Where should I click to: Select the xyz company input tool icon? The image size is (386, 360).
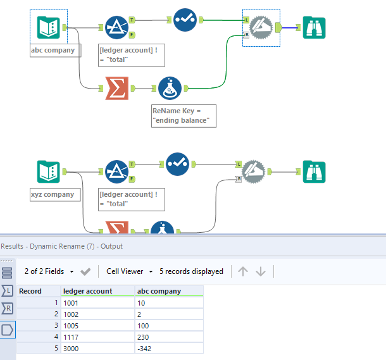pyautogui.click(x=49, y=171)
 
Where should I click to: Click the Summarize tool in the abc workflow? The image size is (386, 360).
pyautogui.click(x=116, y=89)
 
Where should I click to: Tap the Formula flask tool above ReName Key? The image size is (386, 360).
pyautogui.click(x=170, y=89)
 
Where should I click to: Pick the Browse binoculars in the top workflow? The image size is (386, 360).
pyautogui.click(x=314, y=27)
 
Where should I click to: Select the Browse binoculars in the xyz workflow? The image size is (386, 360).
pyautogui.click(x=314, y=171)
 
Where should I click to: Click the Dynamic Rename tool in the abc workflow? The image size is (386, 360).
pyautogui.click(x=260, y=27)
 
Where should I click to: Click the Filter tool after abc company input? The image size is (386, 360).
pyautogui.click(x=116, y=27)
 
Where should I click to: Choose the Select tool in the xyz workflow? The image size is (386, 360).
pyautogui.click(x=178, y=164)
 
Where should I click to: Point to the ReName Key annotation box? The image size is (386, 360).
pyautogui.click(x=184, y=116)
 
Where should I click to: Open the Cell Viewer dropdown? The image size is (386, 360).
pyautogui.click(x=130, y=271)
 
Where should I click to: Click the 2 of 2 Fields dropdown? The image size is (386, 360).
pyautogui.click(x=49, y=271)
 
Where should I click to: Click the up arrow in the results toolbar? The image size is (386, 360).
pyautogui.click(x=243, y=271)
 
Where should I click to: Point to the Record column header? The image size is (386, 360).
pyautogui.click(x=30, y=291)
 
